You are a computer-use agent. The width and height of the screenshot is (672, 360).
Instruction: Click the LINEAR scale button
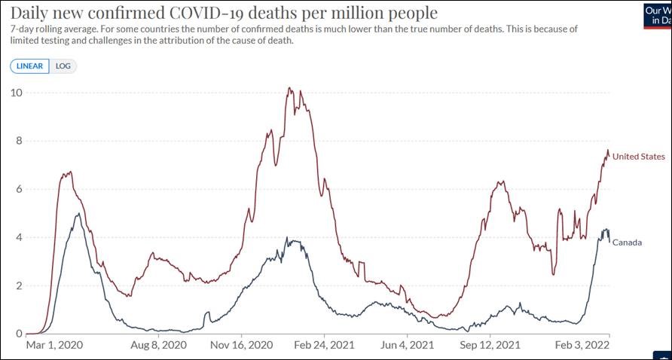click(x=30, y=66)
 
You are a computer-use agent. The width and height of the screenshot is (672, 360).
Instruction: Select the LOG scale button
click(x=63, y=66)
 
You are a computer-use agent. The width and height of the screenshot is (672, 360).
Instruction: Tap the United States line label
click(x=638, y=157)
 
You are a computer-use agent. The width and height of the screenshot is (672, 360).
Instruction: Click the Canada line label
click(x=627, y=243)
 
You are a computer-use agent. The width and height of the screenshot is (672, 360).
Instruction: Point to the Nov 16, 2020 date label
click(x=240, y=346)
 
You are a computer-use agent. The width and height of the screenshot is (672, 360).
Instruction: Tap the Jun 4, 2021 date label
click(x=407, y=346)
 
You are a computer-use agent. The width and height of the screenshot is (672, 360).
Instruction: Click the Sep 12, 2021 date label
click(x=490, y=346)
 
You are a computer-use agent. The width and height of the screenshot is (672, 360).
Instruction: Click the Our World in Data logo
click(x=658, y=15)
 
